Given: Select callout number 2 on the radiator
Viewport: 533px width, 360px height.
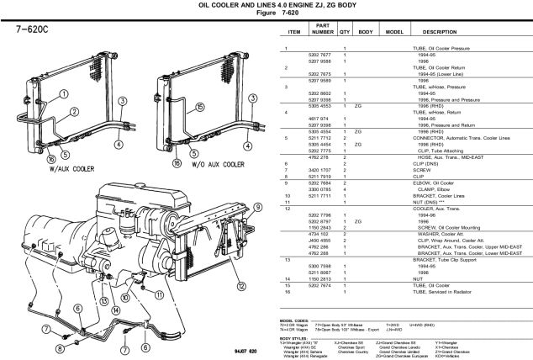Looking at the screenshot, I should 74,111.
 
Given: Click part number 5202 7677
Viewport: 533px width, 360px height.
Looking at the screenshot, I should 319,54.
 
